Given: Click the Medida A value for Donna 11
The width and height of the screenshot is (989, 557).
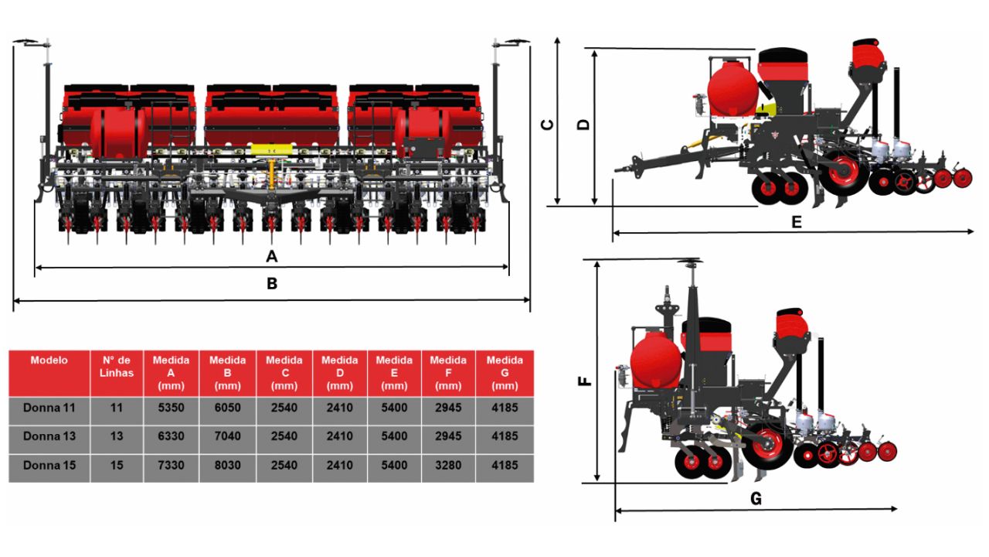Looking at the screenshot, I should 172,408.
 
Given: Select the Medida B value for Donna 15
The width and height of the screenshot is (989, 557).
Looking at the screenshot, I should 228,466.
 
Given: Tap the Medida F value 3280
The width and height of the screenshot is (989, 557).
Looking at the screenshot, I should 448,466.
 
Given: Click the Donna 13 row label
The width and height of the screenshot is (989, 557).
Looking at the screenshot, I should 49,436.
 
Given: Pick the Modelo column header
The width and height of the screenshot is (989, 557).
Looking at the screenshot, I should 49,361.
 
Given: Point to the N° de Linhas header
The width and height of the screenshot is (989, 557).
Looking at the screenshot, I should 117,367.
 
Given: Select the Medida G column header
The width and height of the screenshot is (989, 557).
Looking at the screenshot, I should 505,372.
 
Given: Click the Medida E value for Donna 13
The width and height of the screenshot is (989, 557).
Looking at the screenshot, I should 394,436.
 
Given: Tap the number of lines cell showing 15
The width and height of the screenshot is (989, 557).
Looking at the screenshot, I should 117,466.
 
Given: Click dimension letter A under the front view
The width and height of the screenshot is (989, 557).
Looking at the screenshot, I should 272,255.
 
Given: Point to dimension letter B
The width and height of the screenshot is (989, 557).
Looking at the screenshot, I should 272,284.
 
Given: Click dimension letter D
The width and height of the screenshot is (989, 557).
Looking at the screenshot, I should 584,125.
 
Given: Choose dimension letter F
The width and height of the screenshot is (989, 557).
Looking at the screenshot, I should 586,381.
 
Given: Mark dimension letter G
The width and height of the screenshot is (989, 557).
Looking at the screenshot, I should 756,500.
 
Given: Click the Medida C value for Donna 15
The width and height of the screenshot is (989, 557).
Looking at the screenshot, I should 284,466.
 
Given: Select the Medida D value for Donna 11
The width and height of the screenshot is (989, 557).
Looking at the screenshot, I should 339,408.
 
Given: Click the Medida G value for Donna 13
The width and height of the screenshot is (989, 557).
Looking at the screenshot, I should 505,436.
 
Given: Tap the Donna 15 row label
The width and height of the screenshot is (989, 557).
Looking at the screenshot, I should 49,466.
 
